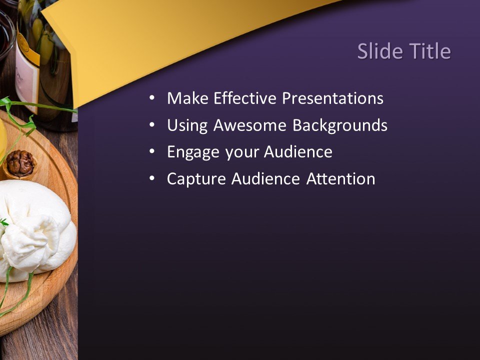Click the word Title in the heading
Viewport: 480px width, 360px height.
pos(428,51)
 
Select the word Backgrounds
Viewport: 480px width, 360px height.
pos(339,125)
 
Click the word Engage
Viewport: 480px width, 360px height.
pos(193,152)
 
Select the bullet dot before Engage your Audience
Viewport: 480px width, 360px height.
pos(152,152)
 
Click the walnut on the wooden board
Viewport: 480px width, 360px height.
pos(20,163)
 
